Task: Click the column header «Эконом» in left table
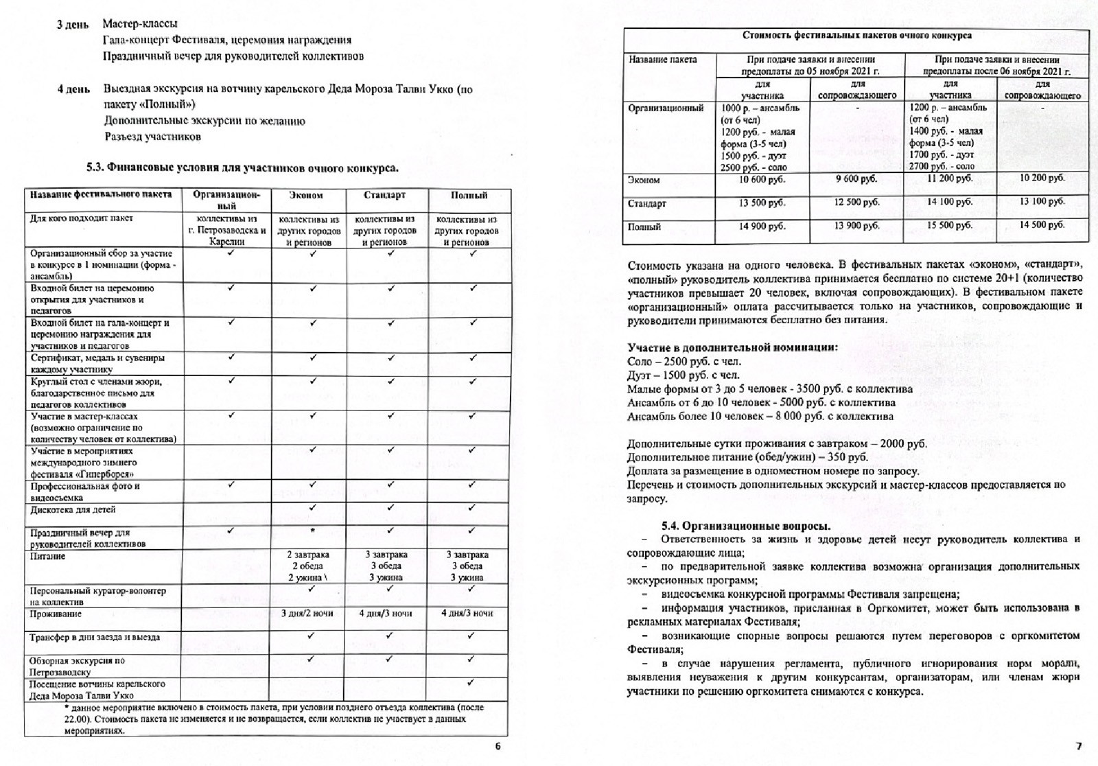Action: pos(306,196)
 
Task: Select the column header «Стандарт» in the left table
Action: pos(384,196)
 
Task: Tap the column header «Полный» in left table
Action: pos(469,196)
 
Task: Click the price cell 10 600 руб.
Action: pos(762,180)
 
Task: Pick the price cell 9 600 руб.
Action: pos(856,180)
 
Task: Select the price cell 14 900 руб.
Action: pos(762,227)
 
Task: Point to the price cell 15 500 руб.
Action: pos(950,226)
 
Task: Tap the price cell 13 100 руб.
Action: pos(1042,202)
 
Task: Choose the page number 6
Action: pos(498,747)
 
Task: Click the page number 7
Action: pos(1078,747)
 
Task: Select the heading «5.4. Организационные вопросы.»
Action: pos(746,526)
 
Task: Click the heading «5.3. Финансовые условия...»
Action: pos(242,168)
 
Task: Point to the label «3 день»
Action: pos(72,25)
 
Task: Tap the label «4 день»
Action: pos(73,89)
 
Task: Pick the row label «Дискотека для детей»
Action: pos(73,510)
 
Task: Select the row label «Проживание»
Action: pos(56,614)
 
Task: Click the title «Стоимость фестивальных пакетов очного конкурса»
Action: pos(856,36)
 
